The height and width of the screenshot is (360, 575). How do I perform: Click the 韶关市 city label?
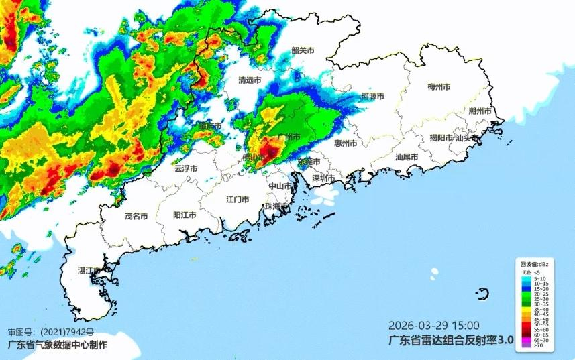(x=303, y=50)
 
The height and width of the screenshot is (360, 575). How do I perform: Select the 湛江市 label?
(x=89, y=271)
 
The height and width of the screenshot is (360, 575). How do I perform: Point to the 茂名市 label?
(x=136, y=217)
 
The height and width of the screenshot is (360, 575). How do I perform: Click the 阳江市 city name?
(x=185, y=215)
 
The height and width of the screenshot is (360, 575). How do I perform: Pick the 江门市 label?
(x=238, y=200)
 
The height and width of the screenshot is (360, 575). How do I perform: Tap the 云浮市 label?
(x=185, y=169)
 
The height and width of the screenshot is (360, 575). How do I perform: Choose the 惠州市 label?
(x=346, y=143)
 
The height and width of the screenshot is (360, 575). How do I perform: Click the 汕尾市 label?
(x=407, y=157)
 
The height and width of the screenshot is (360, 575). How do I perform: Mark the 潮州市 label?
(x=480, y=111)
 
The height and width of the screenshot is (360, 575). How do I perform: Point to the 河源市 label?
(x=372, y=97)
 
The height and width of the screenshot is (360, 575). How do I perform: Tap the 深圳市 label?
(x=323, y=178)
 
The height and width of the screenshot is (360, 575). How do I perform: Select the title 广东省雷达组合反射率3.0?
(x=451, y=340)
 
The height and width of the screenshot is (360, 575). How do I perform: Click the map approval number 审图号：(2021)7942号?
(x=51, y=332)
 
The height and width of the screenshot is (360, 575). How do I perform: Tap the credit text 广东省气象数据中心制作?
(x=56, y=345)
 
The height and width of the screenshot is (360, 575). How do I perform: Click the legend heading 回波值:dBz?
(x=534, y=266)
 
